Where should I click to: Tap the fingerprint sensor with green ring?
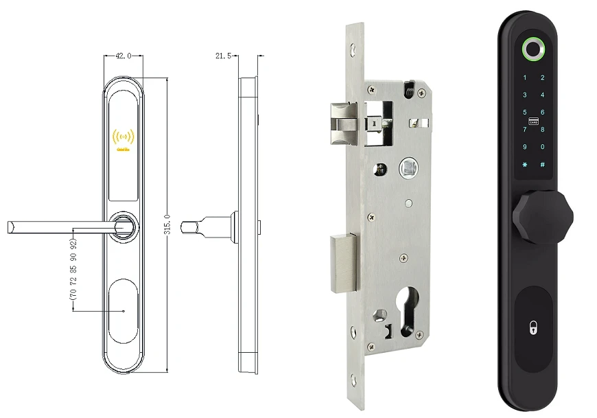(x=533, y=49)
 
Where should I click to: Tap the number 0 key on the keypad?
(x=542, y=147)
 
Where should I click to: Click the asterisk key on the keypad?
(x=525, y=165)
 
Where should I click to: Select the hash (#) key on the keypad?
(x=542, y=165)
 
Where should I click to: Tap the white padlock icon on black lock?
(x=532, y=329)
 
